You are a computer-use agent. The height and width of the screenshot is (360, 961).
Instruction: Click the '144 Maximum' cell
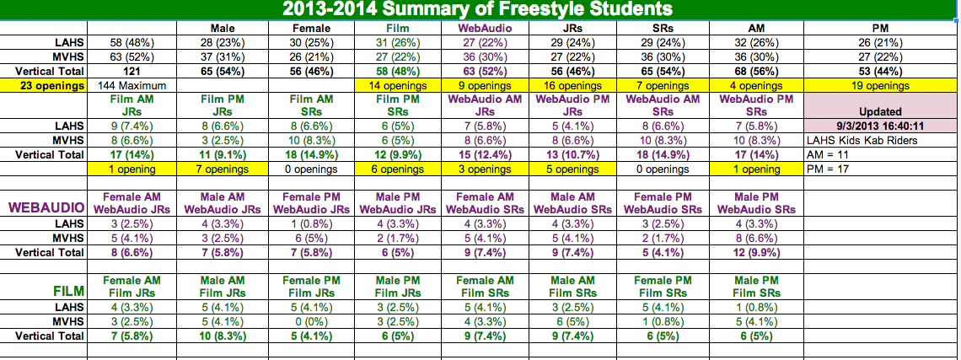[135, 85]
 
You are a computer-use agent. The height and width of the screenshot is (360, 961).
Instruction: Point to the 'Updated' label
[880, 111]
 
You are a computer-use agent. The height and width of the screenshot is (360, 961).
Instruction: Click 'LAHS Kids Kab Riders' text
[859, 140]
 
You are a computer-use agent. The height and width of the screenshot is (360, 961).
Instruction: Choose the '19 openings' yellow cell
[880, 85]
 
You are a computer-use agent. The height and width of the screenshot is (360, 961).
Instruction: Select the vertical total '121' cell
[135, 72]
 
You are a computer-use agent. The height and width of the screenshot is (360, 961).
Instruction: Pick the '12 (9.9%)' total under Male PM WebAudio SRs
[757, 252]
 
